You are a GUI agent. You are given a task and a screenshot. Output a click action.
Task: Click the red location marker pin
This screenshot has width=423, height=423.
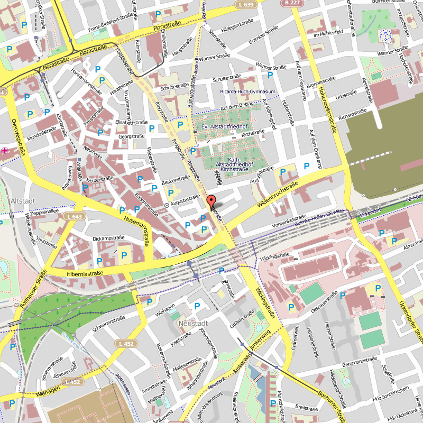point(211,202)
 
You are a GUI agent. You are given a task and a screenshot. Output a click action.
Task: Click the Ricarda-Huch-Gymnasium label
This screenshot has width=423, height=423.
point(248,91)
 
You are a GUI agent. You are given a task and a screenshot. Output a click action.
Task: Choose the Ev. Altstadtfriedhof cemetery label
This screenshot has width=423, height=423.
point(224,127)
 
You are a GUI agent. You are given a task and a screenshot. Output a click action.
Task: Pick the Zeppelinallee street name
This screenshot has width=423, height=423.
point(44,210)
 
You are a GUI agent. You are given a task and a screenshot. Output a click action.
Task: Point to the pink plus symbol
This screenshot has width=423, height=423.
point(5,151)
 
